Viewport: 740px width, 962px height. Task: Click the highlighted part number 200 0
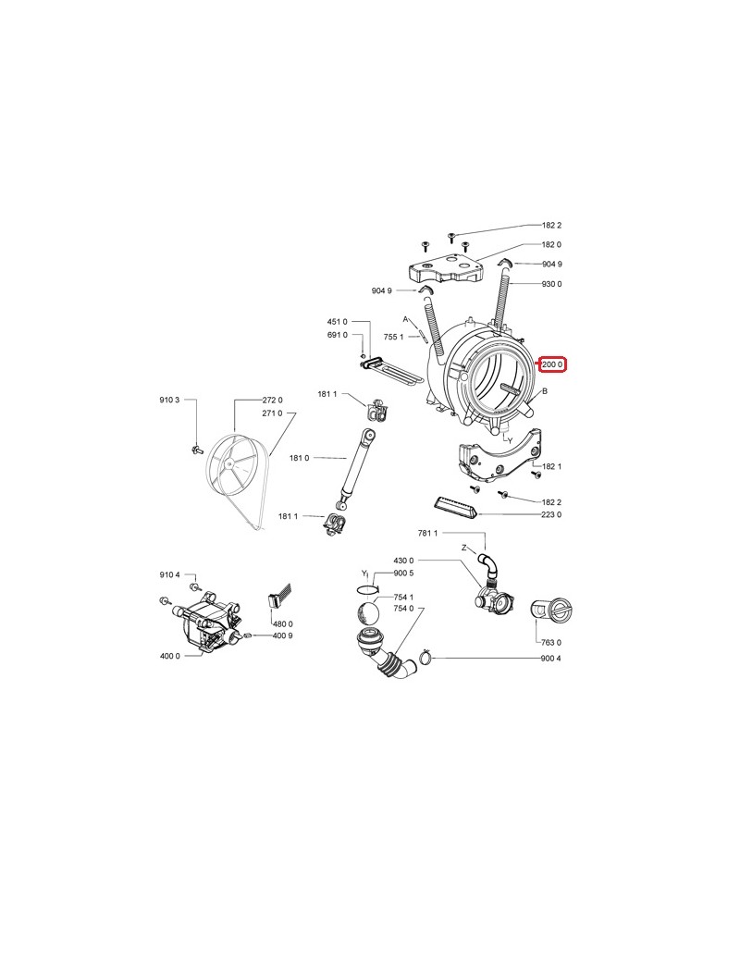[553, 364]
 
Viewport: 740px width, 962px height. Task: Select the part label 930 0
[552, 284]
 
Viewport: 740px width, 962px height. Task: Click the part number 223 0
[552, 514]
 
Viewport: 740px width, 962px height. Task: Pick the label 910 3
[168, 400]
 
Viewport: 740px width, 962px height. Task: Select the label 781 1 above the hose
[427, 534]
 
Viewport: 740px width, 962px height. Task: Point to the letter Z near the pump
[463, 548]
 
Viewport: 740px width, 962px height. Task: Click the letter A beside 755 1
[405, 318]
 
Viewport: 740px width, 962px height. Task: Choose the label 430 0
[404, 561]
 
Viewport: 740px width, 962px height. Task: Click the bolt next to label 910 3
[196, 449]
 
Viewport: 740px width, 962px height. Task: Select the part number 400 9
[282, 635]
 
